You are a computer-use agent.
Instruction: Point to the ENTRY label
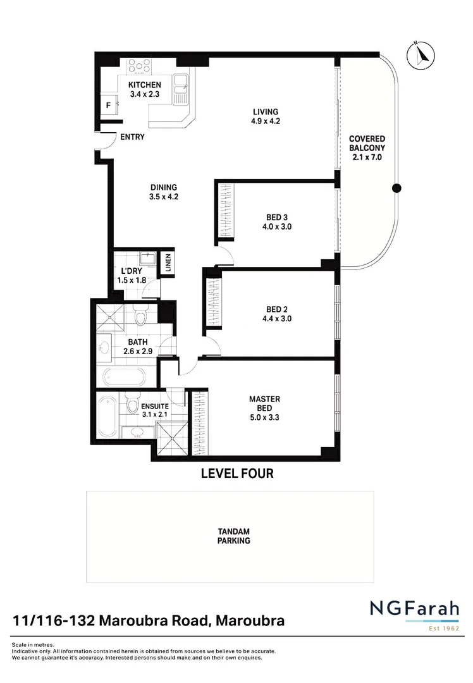pos(132,137)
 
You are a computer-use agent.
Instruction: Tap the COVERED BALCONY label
pos(367,148)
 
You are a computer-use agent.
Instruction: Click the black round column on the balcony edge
pos(396,188)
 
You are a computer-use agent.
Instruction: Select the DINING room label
pos(163,192)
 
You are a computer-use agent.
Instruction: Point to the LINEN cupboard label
pos(168,264)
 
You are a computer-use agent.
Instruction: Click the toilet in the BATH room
pos(140,314)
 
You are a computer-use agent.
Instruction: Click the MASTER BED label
pos(264,403)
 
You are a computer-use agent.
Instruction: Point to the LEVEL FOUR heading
pos(236,473)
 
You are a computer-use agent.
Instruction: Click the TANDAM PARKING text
pos(233,536)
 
